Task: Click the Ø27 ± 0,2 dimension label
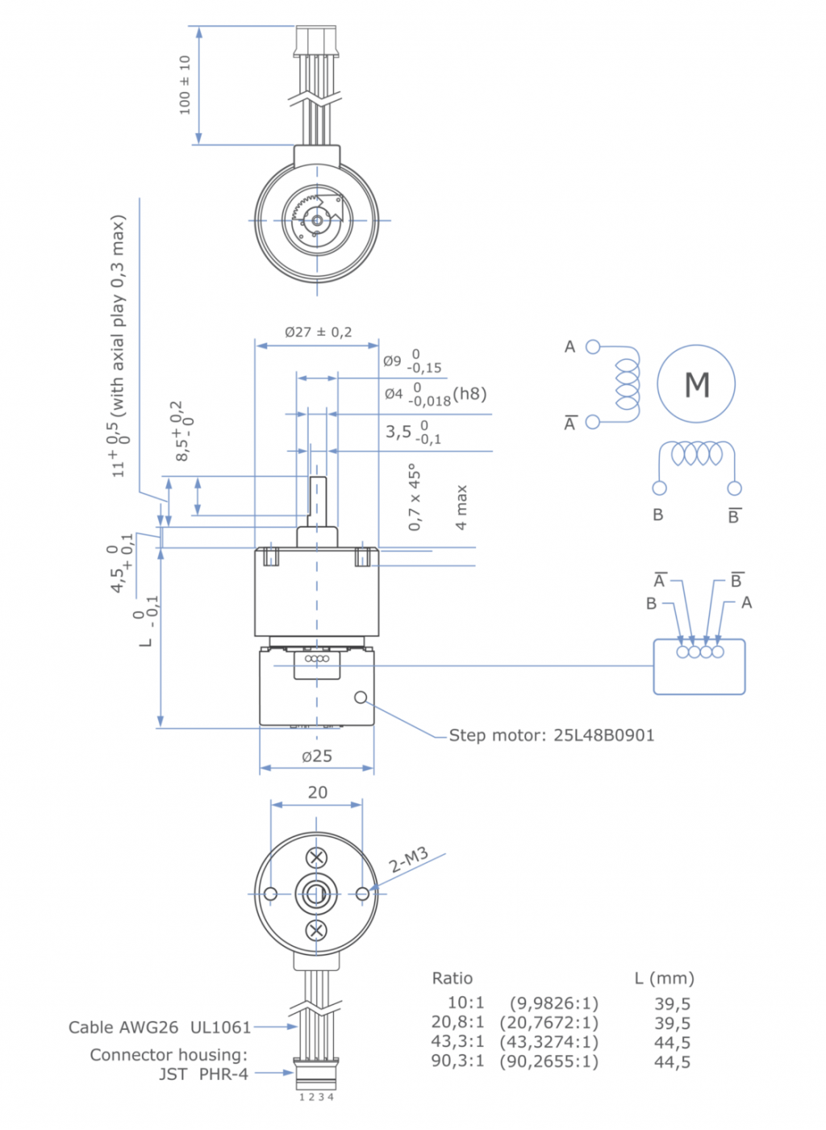pyautogui.click(x=318, y=331)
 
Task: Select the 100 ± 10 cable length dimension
pyautogui.click(x=185, y=85)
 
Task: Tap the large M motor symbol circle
pyautogui.click(x=696, y=385)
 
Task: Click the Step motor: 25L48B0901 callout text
pyautogui.click(x=551, y=735)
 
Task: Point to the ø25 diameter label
pyautogui.click(x=317, y=756)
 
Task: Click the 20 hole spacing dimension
pyautogui.click(x=317, y=792)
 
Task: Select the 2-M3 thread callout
pyautogui.click(x=408, y=861)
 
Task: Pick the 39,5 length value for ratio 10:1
pyautogui.click(x=672, y=1003)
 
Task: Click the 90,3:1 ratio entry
pyautogui.click(x=457, y=1061)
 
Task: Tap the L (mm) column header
pyautogui.click(x=664, y=978)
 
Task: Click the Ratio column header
pyautogui.click(x=452, y=978)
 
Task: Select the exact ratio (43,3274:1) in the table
pyautogui.click(x=549, y=1041)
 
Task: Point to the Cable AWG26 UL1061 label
pyautogui.click(x=160, y=1027)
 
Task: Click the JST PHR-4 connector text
pyautogui.click(x=203, y=1074)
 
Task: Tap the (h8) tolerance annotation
pyautogui.click(x=469, y=394)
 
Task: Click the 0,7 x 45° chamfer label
pyautogui.click(x=415, y=497)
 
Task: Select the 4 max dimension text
pyautogui.click(x=461, y=507)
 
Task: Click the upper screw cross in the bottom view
pyautogui.click(x=317, y=857)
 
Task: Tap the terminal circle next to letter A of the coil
pyautogui.click(x=593, y=347)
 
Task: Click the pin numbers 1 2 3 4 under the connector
pyautogui.click(x=316, y=1097)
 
